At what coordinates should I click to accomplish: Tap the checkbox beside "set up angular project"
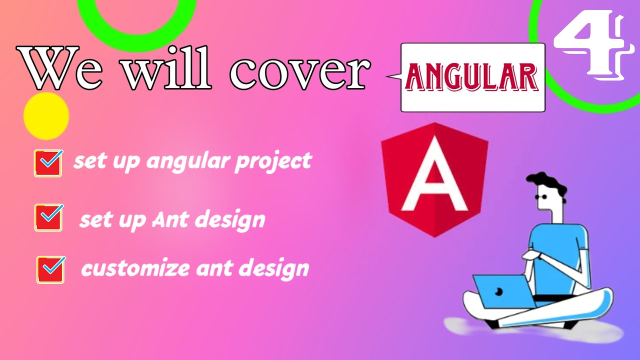[48, 163]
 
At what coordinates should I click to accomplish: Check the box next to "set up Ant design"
[48, 217]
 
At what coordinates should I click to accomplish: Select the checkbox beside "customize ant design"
[50, 269]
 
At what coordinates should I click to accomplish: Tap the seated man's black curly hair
[547, 183]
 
